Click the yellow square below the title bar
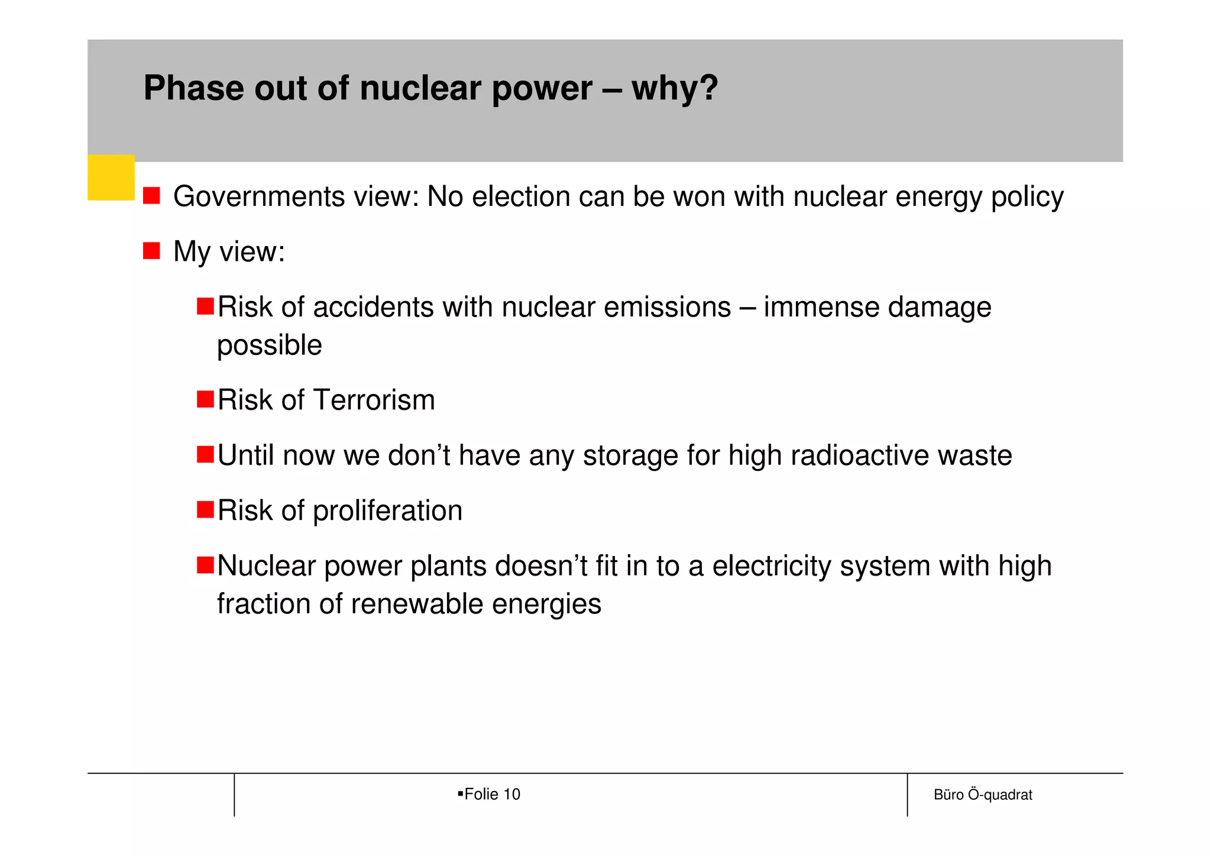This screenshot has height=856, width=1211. coord(111,177)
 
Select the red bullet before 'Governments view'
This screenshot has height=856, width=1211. coord(151,196)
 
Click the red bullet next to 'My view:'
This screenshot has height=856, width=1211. coord(151,251)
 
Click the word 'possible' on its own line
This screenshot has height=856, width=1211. coord(270,345)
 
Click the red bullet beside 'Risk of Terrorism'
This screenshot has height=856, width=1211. coord(205,399)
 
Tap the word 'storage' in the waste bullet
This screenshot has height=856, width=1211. coord(630,456)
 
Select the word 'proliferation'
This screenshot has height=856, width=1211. coord(387,511)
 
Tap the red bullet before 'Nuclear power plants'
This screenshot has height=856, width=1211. coord(205,565)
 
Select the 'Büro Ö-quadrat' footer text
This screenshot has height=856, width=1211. coord(983,795)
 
